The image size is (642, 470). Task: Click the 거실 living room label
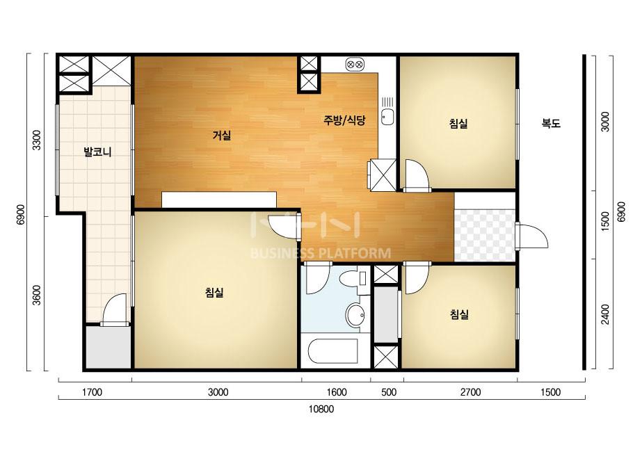tap(221, 135)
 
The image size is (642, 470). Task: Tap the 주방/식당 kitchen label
tap(344, 120)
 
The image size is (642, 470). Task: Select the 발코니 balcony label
tap(97, 152)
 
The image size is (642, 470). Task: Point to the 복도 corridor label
tap(551, 123)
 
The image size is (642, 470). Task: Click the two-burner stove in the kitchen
tap(355, 64)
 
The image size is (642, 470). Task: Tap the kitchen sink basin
tap(387, 117)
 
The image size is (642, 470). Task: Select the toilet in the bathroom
tap(351, 280)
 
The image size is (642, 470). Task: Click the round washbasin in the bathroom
tap(355, 315)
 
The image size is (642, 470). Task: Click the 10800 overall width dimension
tap(321, 409)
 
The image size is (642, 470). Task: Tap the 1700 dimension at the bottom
tap(92, 392)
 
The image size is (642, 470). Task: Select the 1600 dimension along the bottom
tap(337, 392)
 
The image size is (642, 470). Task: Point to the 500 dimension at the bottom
tap(389, 392)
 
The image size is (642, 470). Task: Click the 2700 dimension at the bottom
tap(470, 392)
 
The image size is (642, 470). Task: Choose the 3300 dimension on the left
tap(37, 140)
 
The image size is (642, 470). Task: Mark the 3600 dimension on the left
tap(37, 295)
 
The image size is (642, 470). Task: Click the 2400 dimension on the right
tap(605, 314)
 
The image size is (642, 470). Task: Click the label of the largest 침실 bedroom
tap(214, 292)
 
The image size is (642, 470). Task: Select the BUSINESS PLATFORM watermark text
tap(320, 253)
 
